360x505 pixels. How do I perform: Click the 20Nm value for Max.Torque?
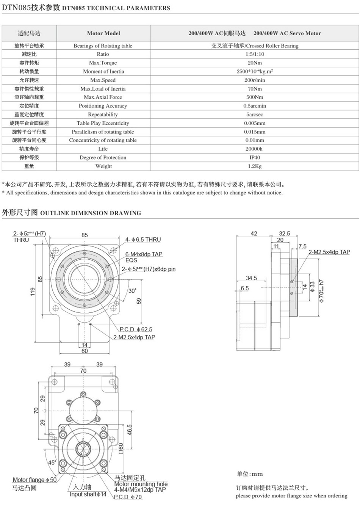point(255,63)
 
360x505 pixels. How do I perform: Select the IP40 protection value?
point(255,157)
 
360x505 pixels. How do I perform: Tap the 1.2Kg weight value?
point(255,166)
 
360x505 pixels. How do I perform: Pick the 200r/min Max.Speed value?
point(255,80)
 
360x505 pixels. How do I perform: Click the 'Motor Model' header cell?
point(103,33)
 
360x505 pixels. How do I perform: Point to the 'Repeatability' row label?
point(103,114)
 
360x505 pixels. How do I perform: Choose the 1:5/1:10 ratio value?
point(255,54)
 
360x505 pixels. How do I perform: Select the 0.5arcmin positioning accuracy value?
point(255,106)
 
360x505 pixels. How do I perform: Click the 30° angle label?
point(132,291)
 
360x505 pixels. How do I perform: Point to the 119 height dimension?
point(33,292)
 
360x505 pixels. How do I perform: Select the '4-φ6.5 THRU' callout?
point(143,240)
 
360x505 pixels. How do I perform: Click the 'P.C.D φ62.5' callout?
point(136,329)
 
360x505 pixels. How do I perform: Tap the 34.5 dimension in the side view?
point(251,278)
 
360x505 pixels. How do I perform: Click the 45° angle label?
point(52,463)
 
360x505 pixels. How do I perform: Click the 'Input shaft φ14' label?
point(88,494)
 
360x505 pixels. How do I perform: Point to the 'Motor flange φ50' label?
point(34,480)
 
